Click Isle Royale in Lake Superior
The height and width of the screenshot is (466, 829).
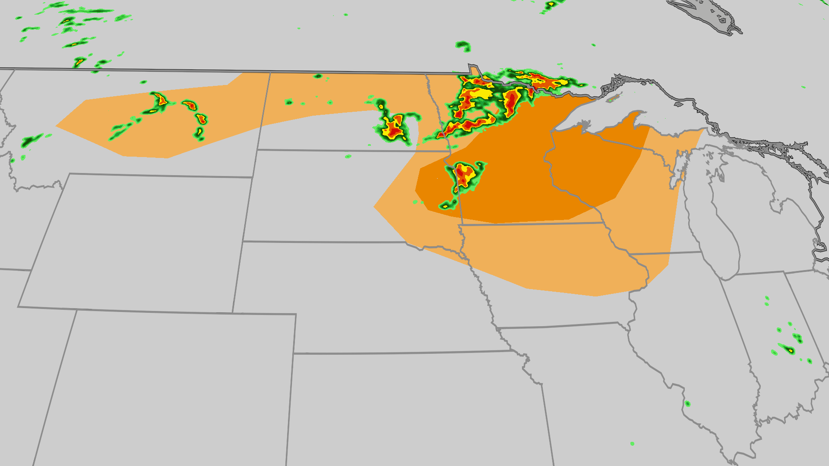[613, 99]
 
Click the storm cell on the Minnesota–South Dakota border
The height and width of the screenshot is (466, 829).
[464, 175]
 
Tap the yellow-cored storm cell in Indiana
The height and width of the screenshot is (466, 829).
[790, 350]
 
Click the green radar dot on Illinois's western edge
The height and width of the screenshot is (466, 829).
[687, 404]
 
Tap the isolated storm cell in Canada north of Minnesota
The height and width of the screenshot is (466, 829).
[463, 45]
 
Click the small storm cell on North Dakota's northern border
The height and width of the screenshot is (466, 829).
[318, 76]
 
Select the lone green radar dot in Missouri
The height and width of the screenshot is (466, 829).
[632, 444]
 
